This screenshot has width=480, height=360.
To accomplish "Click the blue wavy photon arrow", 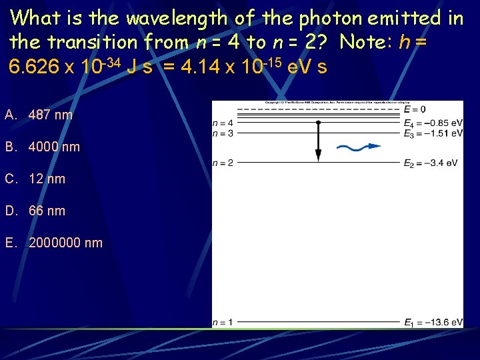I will (x=359, y=147).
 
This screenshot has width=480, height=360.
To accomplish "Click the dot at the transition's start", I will (x=318, y=123).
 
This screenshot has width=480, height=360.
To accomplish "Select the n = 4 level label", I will (x=223, y=123).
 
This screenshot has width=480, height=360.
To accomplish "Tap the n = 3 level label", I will (x=223, y=133).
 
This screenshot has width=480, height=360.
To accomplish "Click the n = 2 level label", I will (x=223, y=163).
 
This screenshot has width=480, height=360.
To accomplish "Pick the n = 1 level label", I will (x=223, y=323).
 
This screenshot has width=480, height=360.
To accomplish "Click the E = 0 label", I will (x=415, y=109).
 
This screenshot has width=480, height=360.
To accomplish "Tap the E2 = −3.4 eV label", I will (x=431, y=163).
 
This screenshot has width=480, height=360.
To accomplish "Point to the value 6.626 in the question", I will (x=30, y=67).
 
